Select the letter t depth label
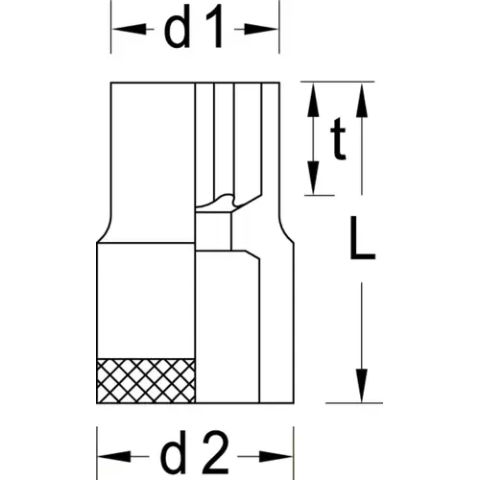point(338,139)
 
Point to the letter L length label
point(363,238)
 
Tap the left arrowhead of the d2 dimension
point(114,456)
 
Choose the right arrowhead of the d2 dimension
point(276,457)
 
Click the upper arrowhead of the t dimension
point(313,100)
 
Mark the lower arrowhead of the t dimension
point(313,178)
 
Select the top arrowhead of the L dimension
point(362,100)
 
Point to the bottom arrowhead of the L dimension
point(362,386)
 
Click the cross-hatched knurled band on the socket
point(146,380)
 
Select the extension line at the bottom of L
point(354,403)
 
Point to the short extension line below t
point(320,195)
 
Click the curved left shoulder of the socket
point(105,229)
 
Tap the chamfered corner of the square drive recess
point(252,255)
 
